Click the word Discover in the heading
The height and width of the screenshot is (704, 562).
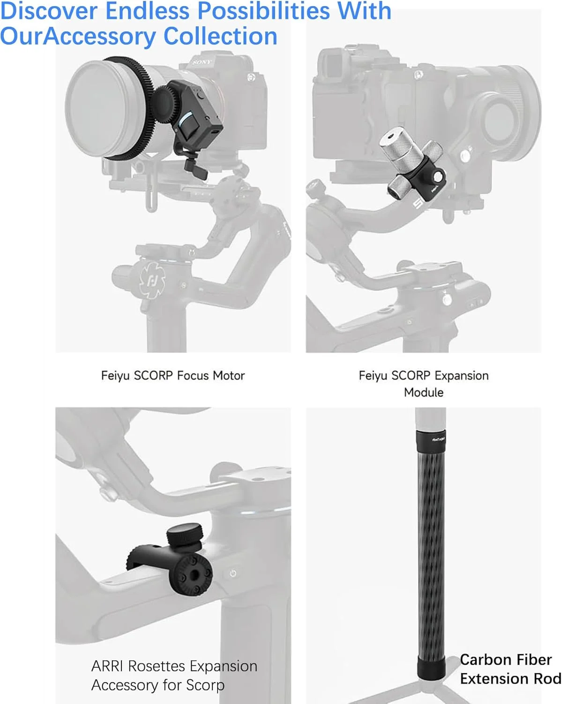[49, 11]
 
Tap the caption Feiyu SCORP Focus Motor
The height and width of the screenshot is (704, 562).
[172, 375]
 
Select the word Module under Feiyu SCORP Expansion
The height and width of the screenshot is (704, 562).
[423, 392]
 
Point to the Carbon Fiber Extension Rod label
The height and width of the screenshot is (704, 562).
[510, 669]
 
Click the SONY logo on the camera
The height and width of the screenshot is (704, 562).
[202, 61]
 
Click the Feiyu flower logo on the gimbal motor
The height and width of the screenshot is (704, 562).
[151, 281]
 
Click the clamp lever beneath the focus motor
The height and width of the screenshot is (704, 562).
[195, 166]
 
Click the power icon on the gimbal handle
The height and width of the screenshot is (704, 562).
[233, 573]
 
